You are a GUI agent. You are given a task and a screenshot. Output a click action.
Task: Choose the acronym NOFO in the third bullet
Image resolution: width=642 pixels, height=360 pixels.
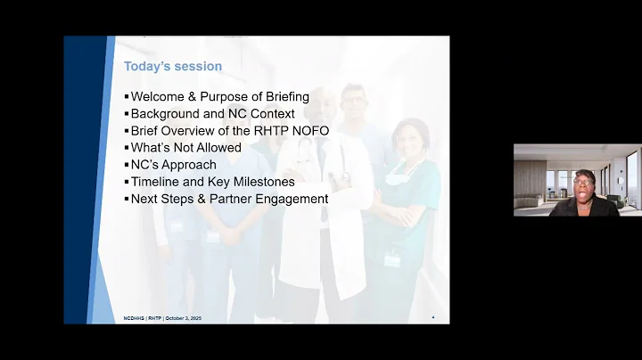pyautogui.click(x=309, y=131)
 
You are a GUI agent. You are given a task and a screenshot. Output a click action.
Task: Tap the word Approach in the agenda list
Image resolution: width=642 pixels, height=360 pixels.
pyautogui.click(x=187, y=165)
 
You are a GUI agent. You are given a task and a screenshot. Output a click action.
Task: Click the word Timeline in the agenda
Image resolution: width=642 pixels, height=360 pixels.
pyautogui.click(x=158, y=182)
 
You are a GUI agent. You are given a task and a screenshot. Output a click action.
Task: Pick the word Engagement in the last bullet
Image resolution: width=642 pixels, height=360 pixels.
pyautogui.click(x=288, y=199)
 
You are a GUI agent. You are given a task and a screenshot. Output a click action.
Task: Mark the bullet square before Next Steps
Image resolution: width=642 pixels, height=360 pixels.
pyautogui.click(x=127, y=199)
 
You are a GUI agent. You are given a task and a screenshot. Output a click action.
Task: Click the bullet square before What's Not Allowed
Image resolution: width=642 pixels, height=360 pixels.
pyautogui.click(x=127, y=148)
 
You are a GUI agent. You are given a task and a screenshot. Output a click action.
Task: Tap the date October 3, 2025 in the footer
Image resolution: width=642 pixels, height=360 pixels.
pyautogui.click(x=183, y=318)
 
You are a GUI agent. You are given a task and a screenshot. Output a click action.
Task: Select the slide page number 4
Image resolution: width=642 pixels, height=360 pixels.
pyautogui.click(x=433, y=317)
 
